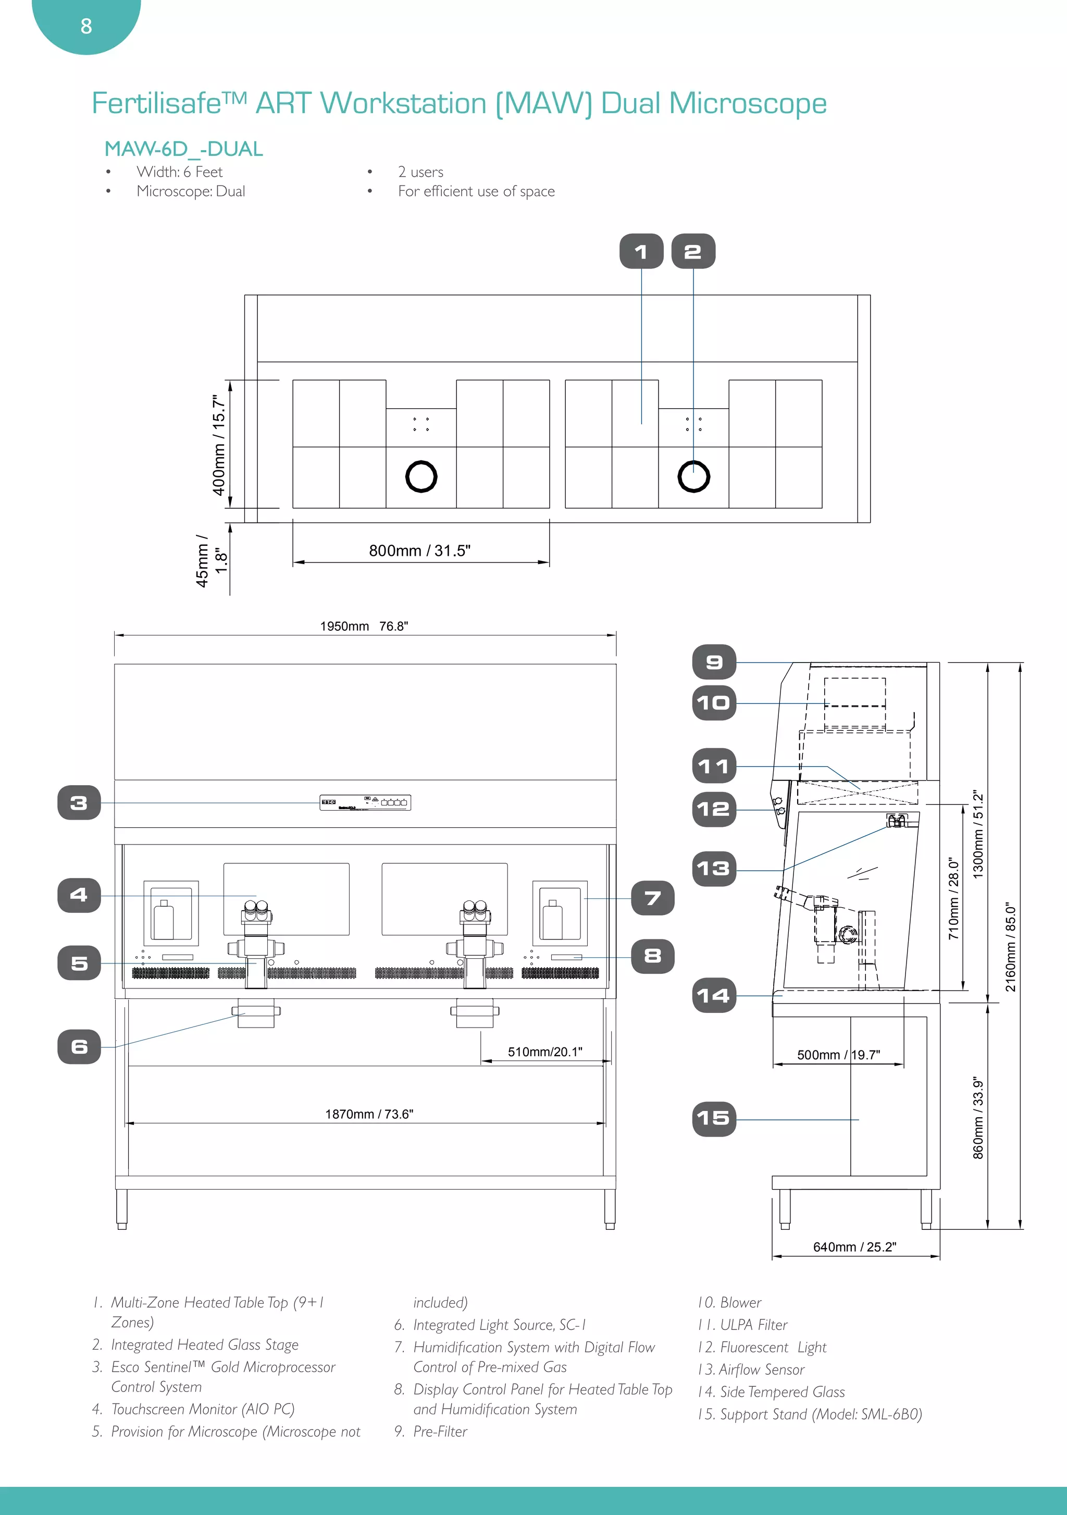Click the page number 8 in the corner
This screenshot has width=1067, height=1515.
[x=86, y=27]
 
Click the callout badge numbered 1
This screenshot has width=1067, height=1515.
[x=641, y=251]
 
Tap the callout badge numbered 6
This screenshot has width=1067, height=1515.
[x=79, y=1046]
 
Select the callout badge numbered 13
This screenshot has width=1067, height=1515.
[x=714, y=869]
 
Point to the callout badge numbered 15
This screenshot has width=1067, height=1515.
[x=714, y=1118]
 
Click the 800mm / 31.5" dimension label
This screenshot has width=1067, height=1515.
[x=419, y=551]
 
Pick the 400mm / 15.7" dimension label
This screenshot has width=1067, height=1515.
[x=219, y=445]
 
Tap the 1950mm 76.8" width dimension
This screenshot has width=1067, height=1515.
[x=364, y=626]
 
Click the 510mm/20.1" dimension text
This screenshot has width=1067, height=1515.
[x=545, y=1052]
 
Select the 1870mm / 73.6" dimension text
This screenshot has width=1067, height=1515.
[x=369, y=1114]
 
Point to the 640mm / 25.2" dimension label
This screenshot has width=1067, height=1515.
[x=854, y=1247]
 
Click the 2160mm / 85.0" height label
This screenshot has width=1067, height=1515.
[x=1010, y=947]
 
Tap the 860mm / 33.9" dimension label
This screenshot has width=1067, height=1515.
[x=978, y=1118]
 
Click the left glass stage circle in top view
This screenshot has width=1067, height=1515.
[x=421, y=477]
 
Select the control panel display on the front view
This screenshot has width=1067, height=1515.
[x=365, y=802]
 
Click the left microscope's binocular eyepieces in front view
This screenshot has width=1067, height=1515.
[x=256, y=912]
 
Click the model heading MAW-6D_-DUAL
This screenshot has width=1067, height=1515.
[x=183, y=149]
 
